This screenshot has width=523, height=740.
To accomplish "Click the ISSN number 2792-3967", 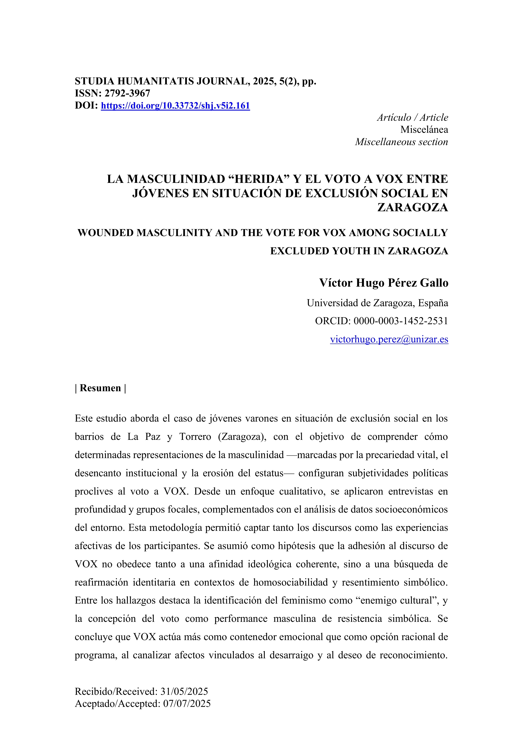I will pos(127,93).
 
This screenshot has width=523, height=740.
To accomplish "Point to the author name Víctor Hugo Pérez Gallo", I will pos(383,283).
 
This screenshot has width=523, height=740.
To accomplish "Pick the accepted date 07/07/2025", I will pos(187,703).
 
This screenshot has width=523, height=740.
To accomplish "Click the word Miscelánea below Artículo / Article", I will pos(424,130).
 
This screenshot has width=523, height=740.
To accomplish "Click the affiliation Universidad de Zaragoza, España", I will pos(377,303).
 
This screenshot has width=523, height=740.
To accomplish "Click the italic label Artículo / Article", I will pos(412,117).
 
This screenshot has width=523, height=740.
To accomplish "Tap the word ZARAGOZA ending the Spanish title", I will pos(412,207).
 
